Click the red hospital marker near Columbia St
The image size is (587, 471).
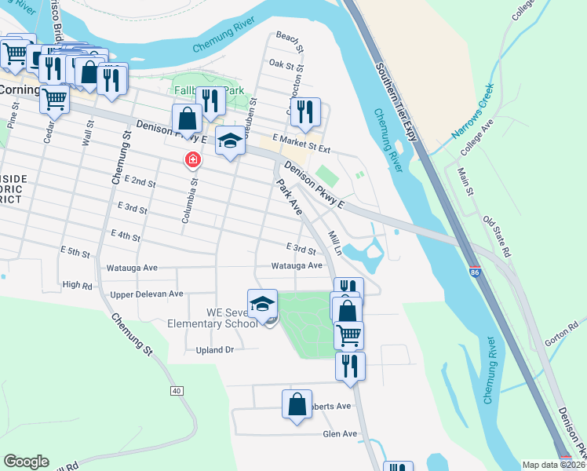click(191, 161)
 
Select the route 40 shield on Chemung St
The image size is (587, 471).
click(176, 390)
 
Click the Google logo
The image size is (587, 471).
click(27, 461)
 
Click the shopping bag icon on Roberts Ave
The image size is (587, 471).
click(297, 405)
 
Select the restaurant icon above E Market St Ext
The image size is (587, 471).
click(305, 111)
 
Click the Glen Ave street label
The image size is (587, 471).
click(340, 433)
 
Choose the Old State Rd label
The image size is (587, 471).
click(497, 236)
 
